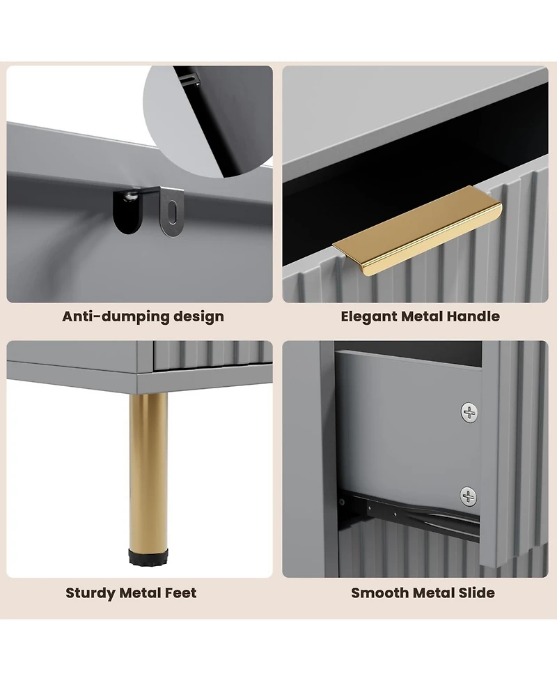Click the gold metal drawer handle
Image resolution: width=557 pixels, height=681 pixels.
click(x=417, y=231)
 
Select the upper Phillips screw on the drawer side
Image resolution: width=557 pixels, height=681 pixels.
click(x=469, y=412)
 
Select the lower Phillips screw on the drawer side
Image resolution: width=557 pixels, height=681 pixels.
click(x=468, y=496)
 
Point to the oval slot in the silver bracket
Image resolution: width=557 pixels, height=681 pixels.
click(x=173, y=213)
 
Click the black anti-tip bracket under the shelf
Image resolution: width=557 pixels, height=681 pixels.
click(x=130, y=210)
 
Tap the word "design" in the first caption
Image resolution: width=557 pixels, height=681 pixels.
click(x=198, y=317)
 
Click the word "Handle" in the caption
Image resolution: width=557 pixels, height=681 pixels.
click(x=473, y=316)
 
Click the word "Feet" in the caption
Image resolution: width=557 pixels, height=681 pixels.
click(x=180, y=593)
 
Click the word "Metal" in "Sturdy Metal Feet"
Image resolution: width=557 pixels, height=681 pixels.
click(x=140, y=593)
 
